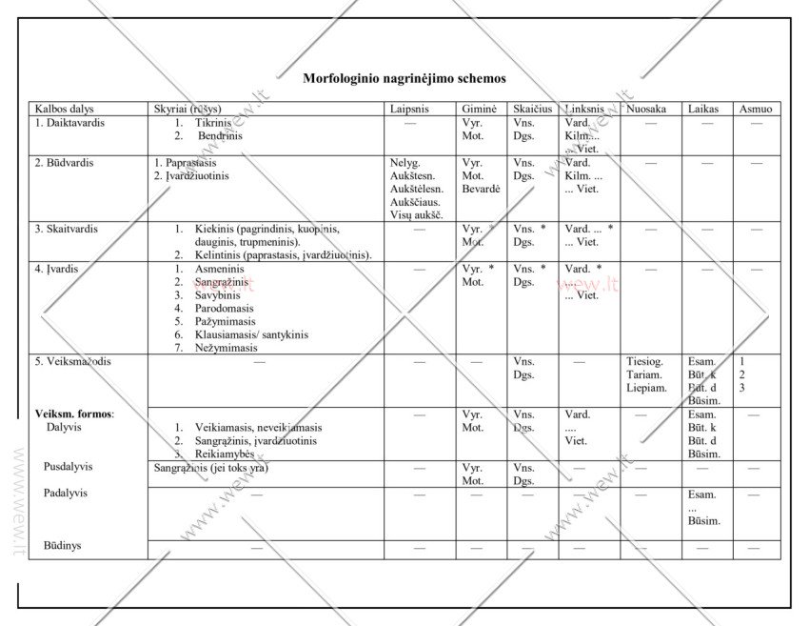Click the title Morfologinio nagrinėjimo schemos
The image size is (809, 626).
404,78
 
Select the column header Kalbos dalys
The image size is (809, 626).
65,110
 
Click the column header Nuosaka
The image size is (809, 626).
646,110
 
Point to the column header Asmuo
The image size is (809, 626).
756,110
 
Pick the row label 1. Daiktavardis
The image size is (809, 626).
69,123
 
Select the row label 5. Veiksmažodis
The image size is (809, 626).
73,361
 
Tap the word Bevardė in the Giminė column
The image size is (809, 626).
481,189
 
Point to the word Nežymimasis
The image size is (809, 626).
227,348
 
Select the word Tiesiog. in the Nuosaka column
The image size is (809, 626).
644,361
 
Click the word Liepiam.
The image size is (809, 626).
646,388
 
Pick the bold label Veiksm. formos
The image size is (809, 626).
74,414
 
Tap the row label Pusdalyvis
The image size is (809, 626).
68,467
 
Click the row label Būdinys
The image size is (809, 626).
62,546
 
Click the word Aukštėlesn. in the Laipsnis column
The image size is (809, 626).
417,189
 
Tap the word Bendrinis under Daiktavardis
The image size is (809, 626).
220,136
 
